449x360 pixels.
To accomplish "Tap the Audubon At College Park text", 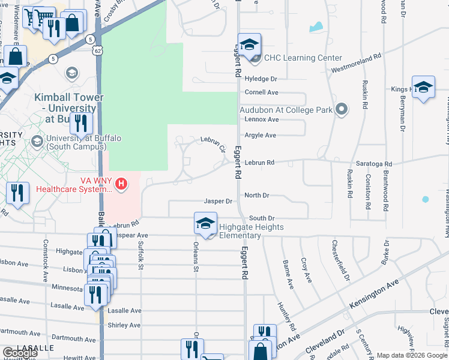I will tap(286, 110).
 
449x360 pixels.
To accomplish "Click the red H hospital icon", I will tap(122, 183).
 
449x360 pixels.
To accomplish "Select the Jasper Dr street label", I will tap(217, 202).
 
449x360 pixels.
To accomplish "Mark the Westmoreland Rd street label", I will tap(357, 64).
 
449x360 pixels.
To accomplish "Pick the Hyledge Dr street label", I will tap(261, 79).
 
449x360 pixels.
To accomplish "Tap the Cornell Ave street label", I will tap(261, 92).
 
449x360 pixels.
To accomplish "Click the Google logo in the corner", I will tap(20, 353).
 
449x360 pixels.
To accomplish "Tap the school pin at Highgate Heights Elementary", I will tap(205, 224).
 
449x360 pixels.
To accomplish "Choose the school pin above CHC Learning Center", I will tap(249, 46).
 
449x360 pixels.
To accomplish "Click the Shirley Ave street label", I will tap(124, 325).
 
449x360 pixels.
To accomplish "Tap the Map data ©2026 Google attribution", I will tap(412, 355).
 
